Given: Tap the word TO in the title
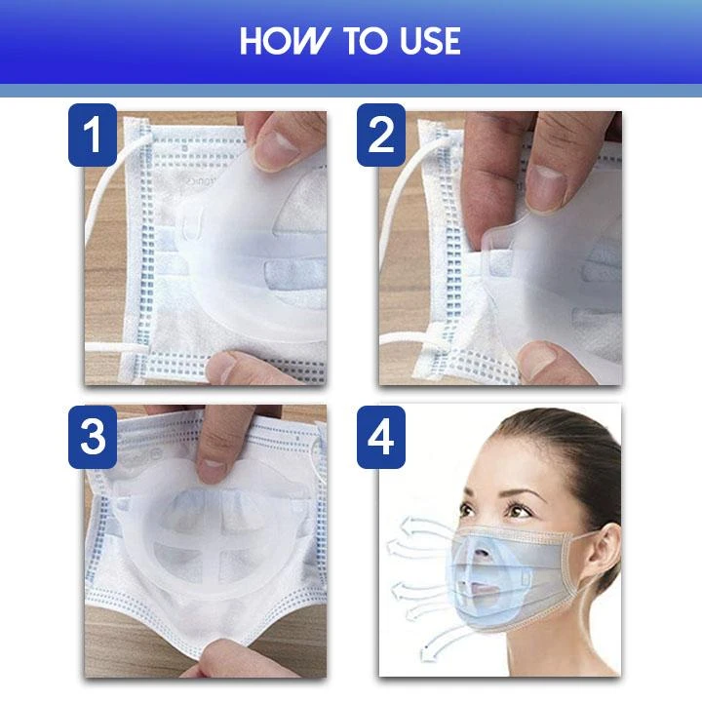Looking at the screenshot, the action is point(365,41).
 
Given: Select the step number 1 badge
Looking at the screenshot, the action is point(93,136).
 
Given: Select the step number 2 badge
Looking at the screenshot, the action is point(381,136).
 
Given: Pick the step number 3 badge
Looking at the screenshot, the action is point(93,437).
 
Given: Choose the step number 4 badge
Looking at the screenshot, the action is point(381,437).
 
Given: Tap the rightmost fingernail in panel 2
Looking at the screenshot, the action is point(547,187).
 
